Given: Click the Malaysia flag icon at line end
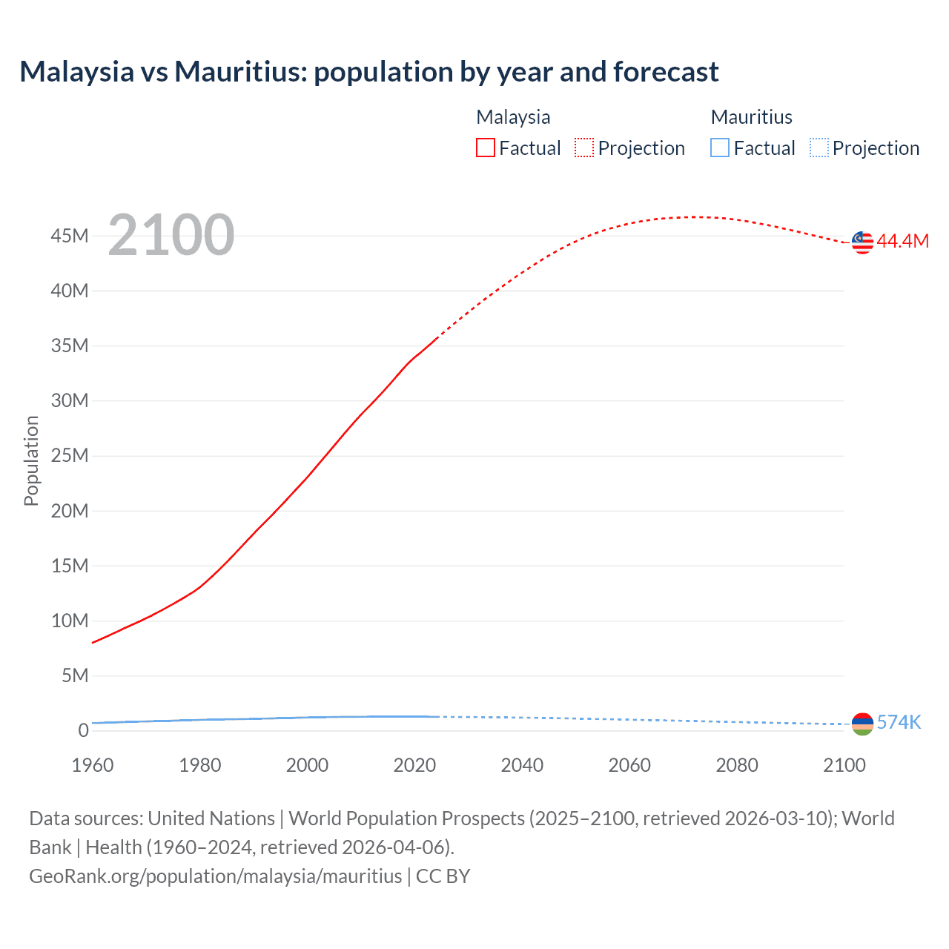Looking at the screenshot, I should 862,242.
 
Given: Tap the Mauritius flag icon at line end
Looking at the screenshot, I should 862,724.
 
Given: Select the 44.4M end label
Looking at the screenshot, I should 902,241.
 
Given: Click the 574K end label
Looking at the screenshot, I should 899,722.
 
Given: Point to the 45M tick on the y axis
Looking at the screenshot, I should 70,236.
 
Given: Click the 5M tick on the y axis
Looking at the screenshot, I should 75,675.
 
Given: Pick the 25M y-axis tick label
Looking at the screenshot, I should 70,455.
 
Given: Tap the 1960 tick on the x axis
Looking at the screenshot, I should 93,765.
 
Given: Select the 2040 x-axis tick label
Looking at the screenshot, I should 522,765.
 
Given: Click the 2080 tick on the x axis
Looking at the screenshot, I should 737,765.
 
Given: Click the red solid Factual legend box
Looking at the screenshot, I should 486,148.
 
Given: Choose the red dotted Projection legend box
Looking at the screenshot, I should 584,148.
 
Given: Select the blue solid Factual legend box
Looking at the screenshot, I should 720,148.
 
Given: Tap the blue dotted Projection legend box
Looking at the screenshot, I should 819,148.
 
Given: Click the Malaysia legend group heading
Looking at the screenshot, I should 513,117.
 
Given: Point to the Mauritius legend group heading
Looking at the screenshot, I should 751,117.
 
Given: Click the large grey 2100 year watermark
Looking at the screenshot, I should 171,235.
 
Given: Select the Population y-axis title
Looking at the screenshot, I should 31,460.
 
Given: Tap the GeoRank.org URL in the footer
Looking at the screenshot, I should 216,876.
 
